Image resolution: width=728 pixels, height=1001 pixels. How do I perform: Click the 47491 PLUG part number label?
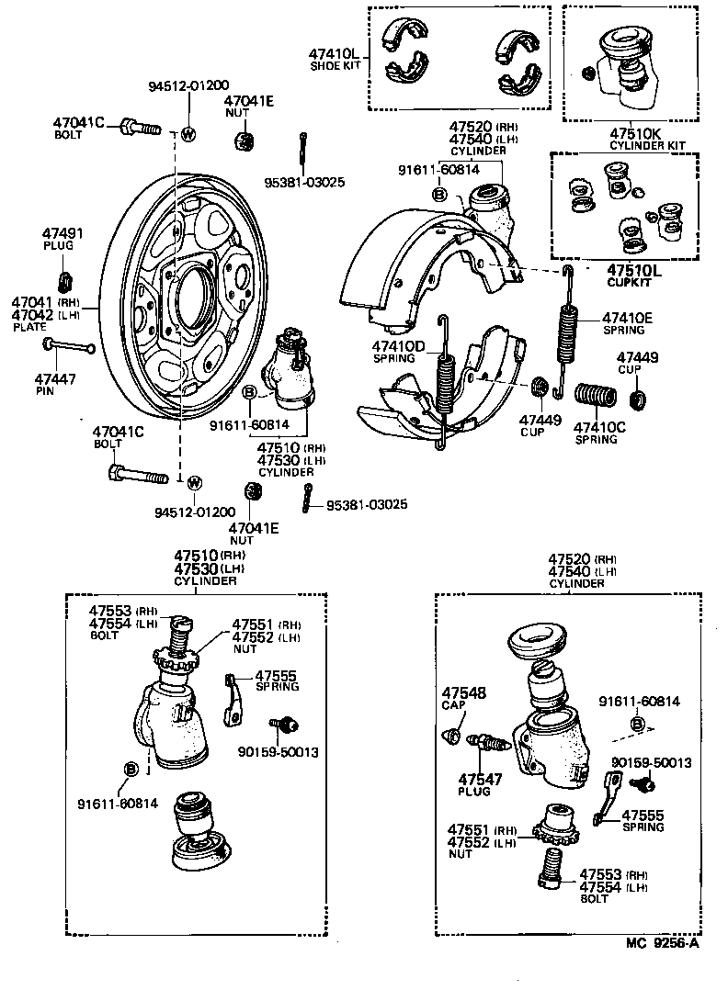pyautogui.click(x=63, y=239)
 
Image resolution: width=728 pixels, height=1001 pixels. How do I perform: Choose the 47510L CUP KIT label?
pyautogui.click(x=632, y=275)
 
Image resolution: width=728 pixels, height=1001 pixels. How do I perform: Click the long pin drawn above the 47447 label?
pyautogui.click(x=68, y=347)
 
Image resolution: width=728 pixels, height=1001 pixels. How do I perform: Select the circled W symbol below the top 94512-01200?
pyautogui.click(x=187, y=135)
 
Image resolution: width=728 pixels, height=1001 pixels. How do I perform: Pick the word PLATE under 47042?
pyautogui.click(x=30, y=326)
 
